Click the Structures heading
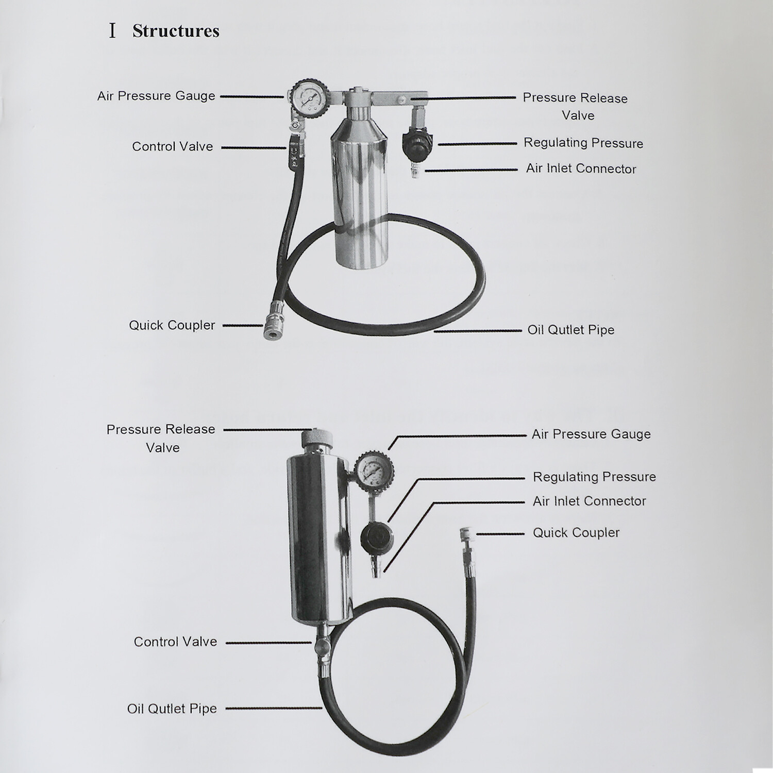pyautogui.click(x=176, y=31)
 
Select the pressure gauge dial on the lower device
pyautogui.click(x=374, y=470)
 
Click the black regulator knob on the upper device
pyautogui.click(x=417, y=144)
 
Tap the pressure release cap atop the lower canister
pyautogui.click(x=316, y=439)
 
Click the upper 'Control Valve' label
pyautogui.click(x=172, y=147)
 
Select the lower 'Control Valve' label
pyautogui.click(x=175, y=642)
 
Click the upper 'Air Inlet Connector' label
pyautogui.click(x=581, y=169)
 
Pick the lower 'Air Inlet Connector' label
pyautogui.click(x=589, y=501)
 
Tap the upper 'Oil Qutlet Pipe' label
pyautogui.click(x=570, y=330)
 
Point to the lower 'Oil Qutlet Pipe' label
pyautogui.click(x=172, y=709)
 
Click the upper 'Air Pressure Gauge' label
pyautogui.click(x=156, y=96)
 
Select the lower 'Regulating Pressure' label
pyautogui.click(x=594, y=477)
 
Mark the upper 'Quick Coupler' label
pyautogui.click(x=172, y=326)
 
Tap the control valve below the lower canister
pyautogui.click(x=321, y=645)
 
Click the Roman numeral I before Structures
pyautogui.click(x=112, y=31)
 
